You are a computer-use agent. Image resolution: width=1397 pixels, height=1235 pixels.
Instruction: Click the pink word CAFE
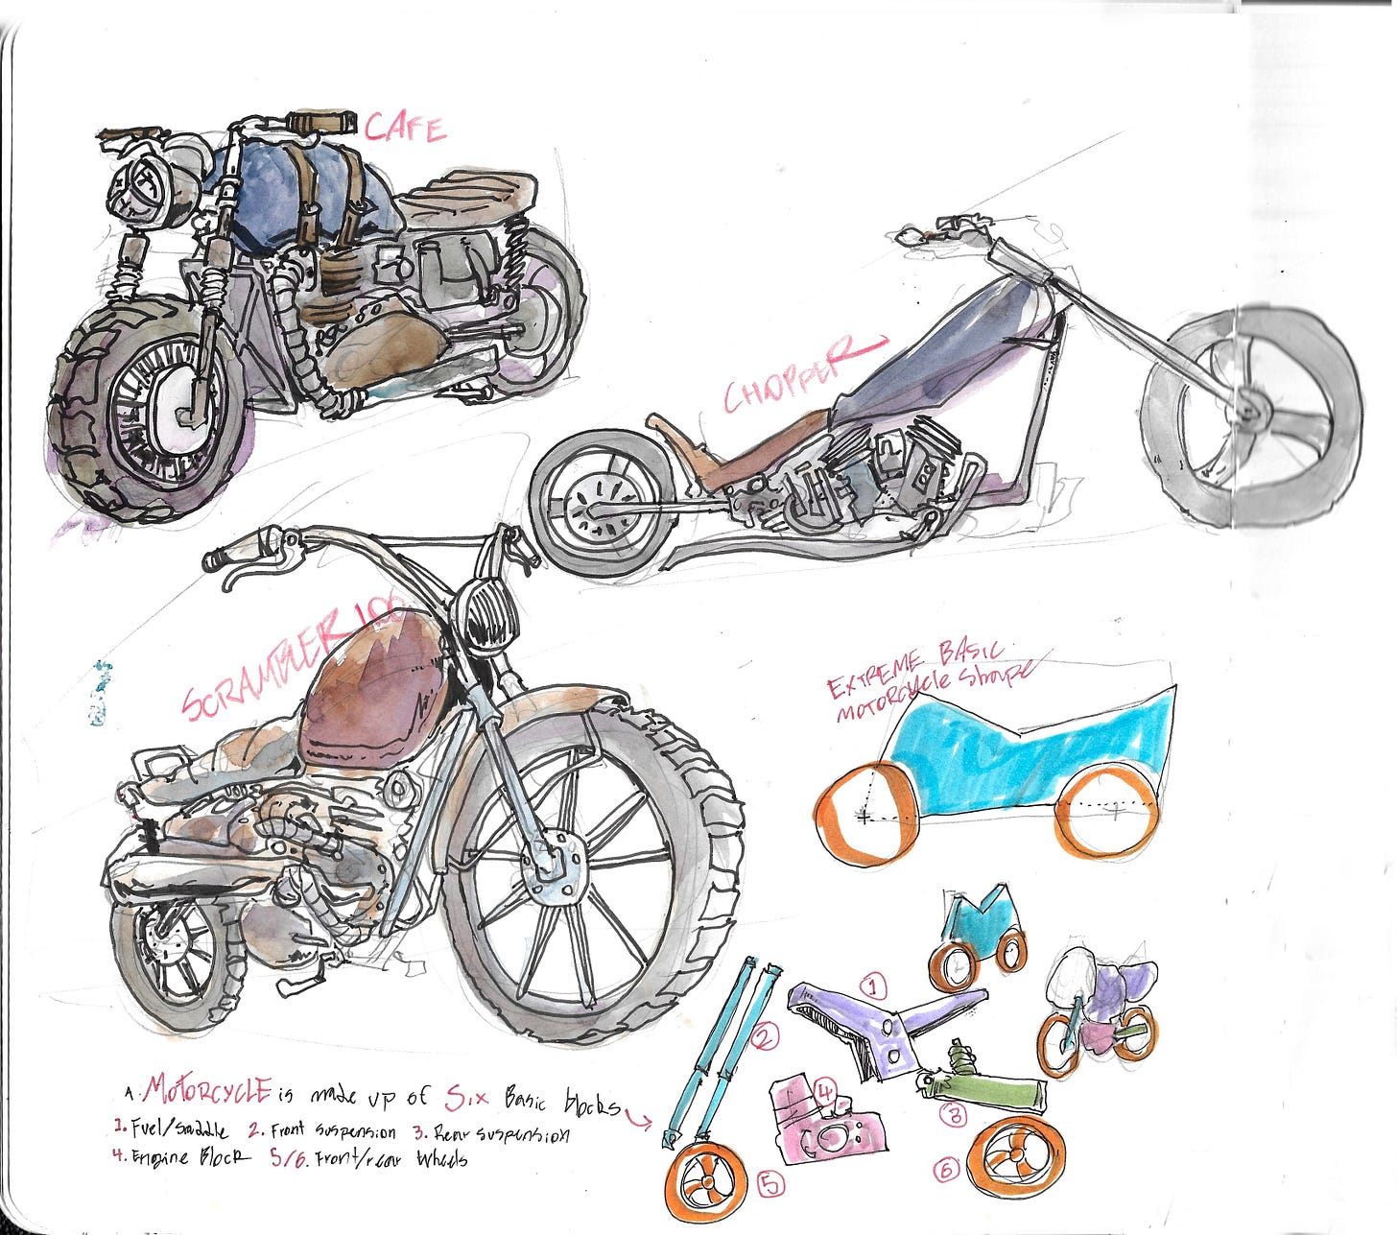pyautogui.click(x=406, y=128)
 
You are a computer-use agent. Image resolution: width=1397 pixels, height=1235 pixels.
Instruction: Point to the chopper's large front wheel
pyautogui.click(x=1252, y=418)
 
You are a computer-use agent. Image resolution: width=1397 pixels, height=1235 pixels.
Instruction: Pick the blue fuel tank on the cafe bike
pyautogui.click(x=288, y=187)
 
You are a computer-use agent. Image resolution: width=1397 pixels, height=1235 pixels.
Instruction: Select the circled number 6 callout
pyautogui.click(x=946, y=1170)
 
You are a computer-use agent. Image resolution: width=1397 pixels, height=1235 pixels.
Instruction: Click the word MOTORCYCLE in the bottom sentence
pyautogui.click(x=208, y=1089)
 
